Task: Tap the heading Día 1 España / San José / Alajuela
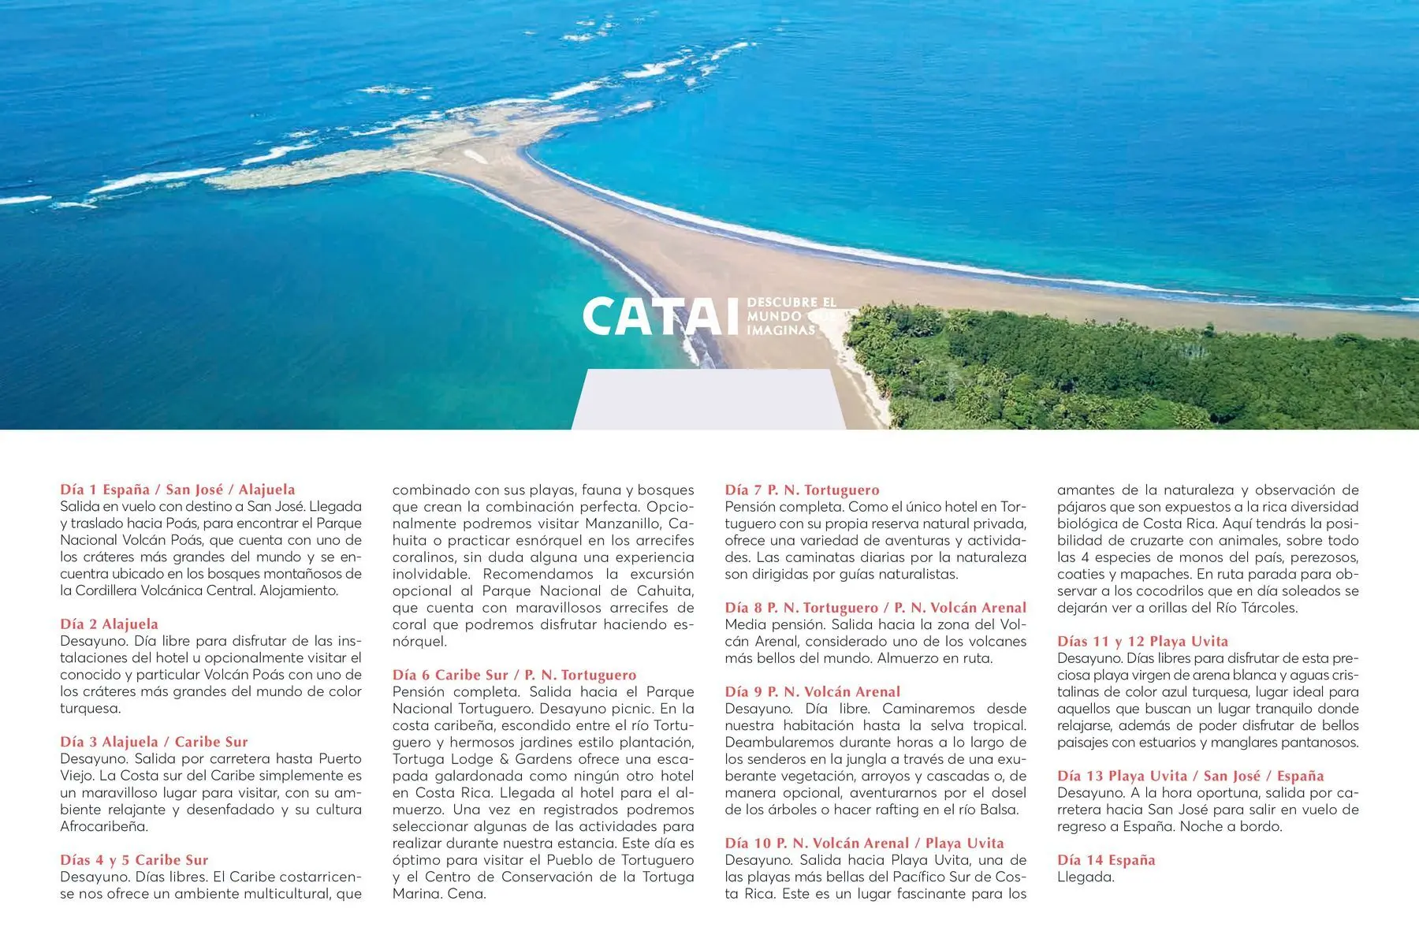pyautogui.click(x=177, y=490)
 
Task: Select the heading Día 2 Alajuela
pyautogui.click(x=109, y=624)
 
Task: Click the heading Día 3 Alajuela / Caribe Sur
pyautogui.click(x=154, y=742)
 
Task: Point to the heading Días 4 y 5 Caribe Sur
pyautogui.click(x=134, y=860)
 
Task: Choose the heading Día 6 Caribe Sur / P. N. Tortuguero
pyautogui.click(x=514, y=675)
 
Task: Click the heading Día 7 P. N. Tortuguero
pyautogui.click(x=802, y=490)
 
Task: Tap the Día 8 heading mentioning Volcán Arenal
pyautogui.click(x=875, y=608)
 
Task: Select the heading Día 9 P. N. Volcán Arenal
pyautogui.click(x=812, y=692)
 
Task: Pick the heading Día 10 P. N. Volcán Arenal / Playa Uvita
pyautogui.click(x=864, y=844)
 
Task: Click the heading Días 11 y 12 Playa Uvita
pyautogui.click(x=1142, y=642)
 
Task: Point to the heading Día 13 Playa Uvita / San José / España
pyautogui.click(x=1190, y=776)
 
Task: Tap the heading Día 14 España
pyautogui.click(x=1106, y=860)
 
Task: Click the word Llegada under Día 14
pyautogui.click(x=1086, y=877)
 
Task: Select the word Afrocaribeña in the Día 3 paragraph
pyautogui.click(x=104, y=827)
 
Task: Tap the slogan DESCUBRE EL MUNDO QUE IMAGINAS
pyautogui.click(x=790, y=316)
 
